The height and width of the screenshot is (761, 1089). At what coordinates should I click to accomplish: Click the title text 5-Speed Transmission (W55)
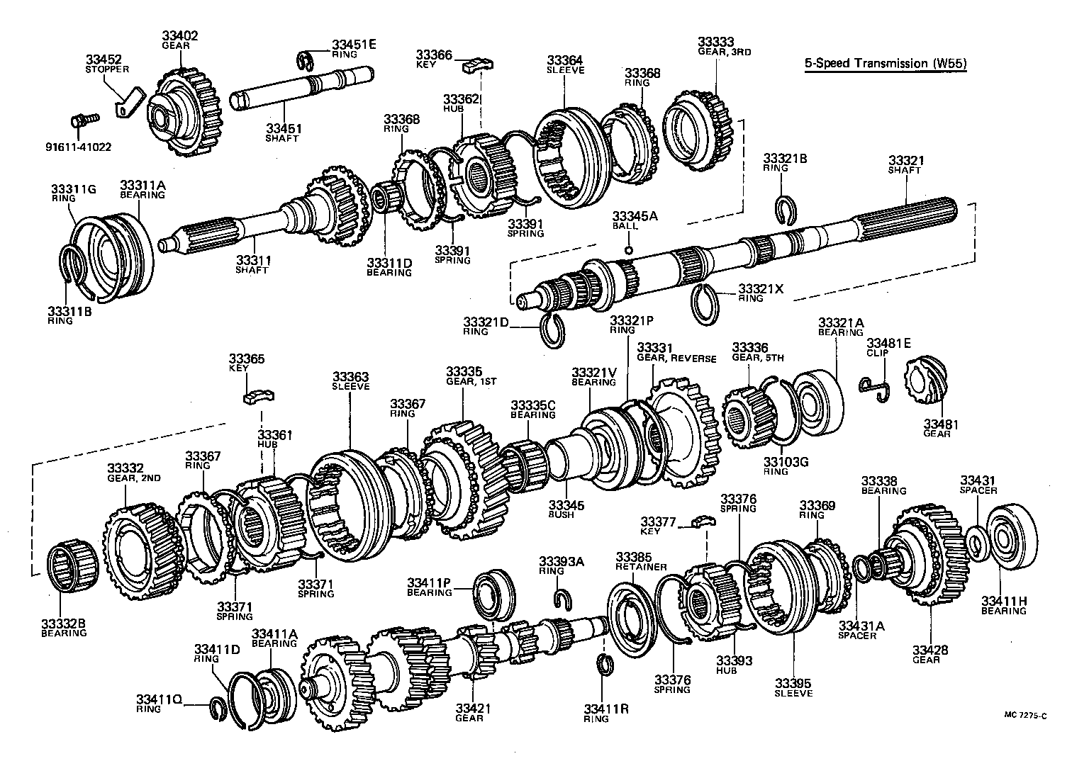(x=886, y=64)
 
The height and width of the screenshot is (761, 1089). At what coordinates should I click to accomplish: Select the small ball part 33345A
(x=628, y=249)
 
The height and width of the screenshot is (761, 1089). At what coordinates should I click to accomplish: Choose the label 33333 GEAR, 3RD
(x=715, y=47)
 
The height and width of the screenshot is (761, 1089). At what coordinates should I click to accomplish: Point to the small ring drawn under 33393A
(x=563, y=599)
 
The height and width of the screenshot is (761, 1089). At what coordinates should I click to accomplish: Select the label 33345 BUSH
(x=566, y=509)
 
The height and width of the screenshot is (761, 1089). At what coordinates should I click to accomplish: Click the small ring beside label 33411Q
(x=219, y=709)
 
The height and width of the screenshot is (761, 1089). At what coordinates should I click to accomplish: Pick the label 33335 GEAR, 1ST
(x=464, y=375)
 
